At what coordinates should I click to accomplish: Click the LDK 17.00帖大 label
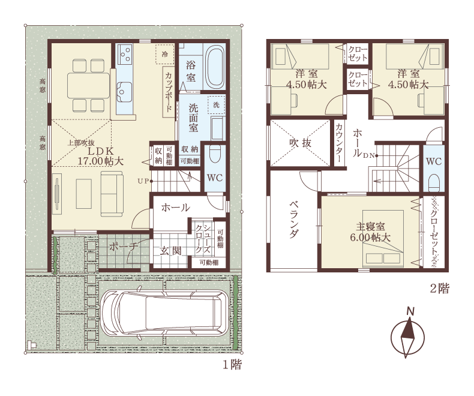pos(101,156)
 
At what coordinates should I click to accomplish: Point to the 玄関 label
pos(170,251)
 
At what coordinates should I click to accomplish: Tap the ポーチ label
pos(124,247)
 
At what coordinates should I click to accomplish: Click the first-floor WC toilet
pos(215,154)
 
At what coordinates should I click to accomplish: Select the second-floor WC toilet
pos(434,182)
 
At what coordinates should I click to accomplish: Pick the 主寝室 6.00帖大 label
pos(370,232)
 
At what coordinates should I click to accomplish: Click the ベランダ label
pos(295,219)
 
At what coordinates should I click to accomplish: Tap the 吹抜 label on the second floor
pos(300,143)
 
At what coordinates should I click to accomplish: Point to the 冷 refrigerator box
pos(165,54)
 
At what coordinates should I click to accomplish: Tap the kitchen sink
pos(124,92)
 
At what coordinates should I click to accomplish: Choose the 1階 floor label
pos(232,365)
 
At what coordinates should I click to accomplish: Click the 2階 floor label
pos(440,289)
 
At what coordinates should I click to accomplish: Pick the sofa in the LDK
pos(112,194)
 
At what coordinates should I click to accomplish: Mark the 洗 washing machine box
pos(216,105)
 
